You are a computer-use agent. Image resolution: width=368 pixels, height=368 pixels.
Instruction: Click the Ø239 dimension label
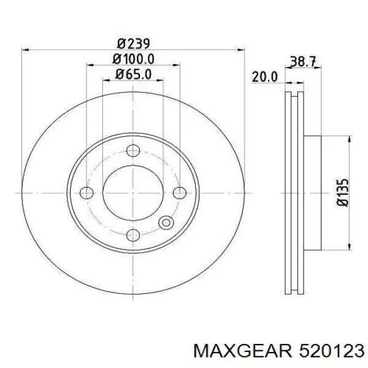coord(133,44)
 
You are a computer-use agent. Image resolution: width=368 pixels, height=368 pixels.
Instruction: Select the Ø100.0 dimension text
coord(133,59)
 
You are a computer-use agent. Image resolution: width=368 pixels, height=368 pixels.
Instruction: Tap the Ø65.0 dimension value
coord(133,74)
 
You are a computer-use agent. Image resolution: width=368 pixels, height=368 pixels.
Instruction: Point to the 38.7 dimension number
coord(303,61)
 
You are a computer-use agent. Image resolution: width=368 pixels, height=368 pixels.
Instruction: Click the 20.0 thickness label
coord(265,77)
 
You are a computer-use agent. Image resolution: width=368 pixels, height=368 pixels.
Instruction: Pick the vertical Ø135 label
coord(342,193)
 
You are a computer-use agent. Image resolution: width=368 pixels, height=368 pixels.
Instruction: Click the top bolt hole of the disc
coord(133,150)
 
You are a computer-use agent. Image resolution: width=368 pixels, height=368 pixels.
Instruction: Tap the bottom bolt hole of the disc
coord(133,235)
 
